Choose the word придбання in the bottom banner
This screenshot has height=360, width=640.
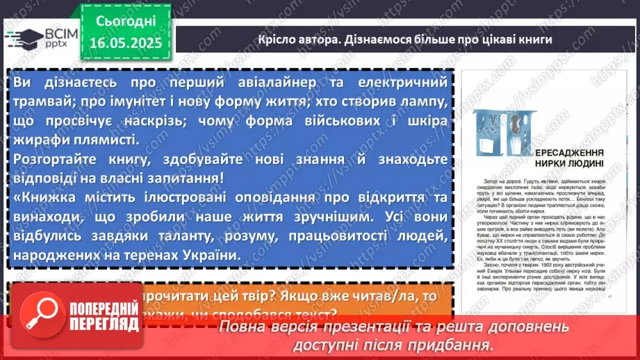coord(454,344)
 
